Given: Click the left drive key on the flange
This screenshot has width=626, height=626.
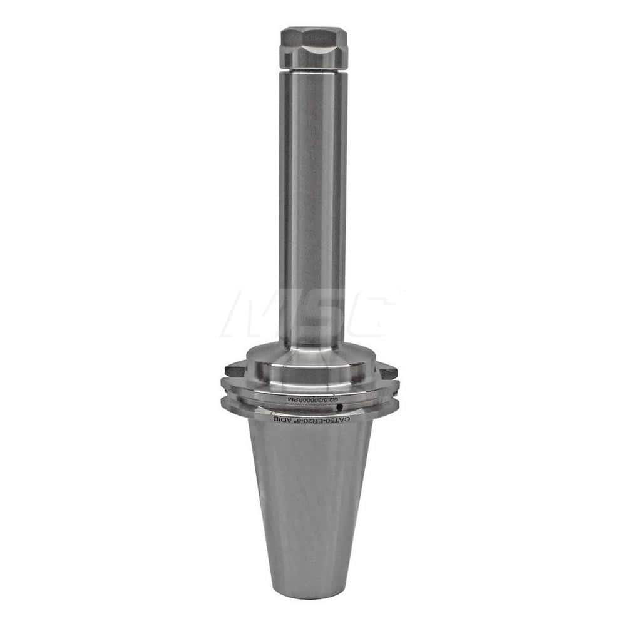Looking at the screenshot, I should pos(234,370).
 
